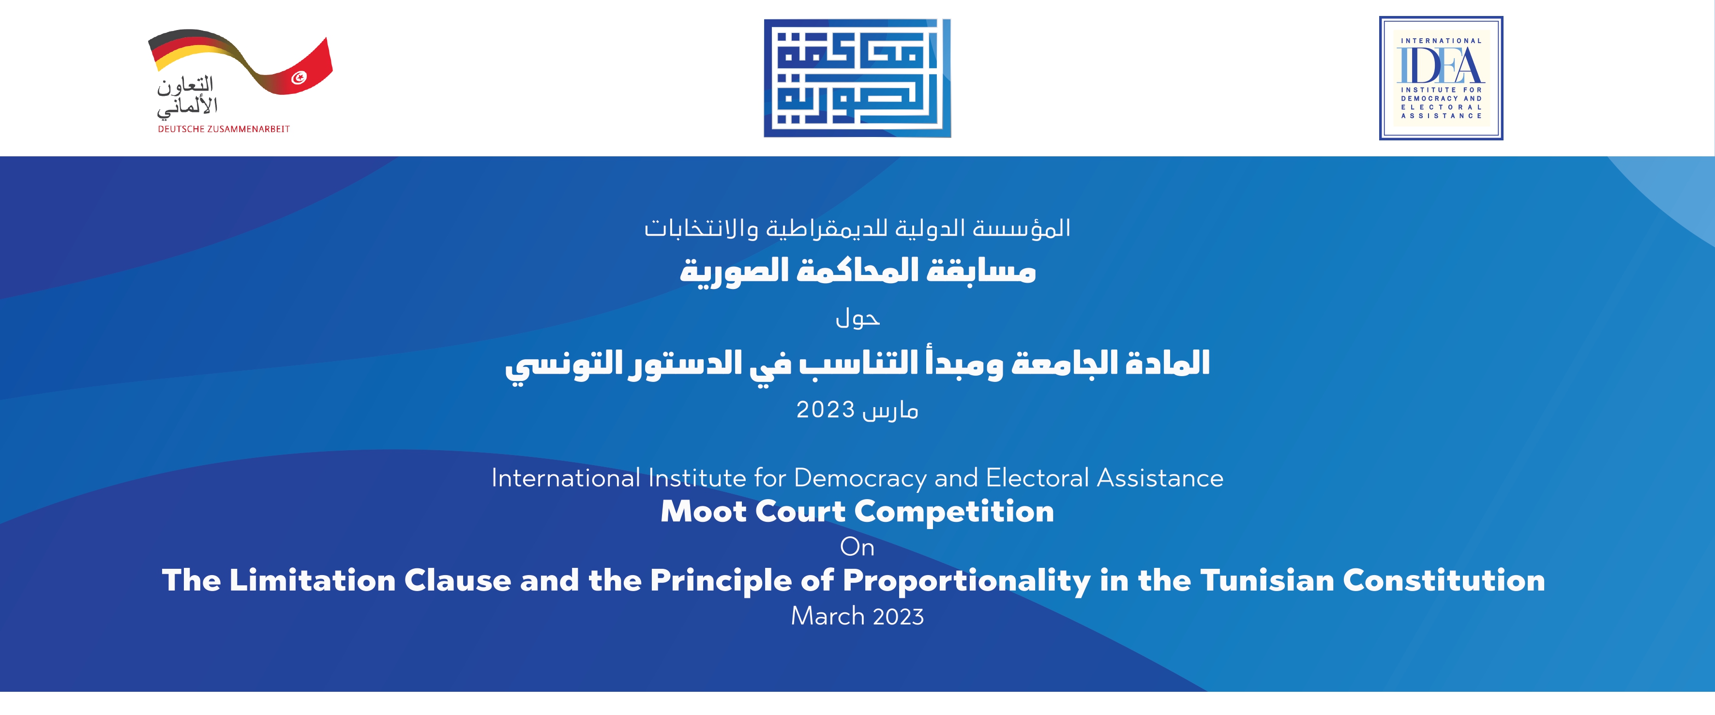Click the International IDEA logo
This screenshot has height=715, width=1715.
[x=1441, y=78]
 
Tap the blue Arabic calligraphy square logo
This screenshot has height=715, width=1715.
[x=857, y=78]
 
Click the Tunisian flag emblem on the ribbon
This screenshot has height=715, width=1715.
[x=299, y=78]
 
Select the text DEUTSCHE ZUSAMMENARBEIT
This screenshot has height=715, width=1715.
[x=224, y=129]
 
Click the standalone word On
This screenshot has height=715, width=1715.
[x=857, y=547]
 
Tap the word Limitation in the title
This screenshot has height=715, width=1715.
[x=312, y=580]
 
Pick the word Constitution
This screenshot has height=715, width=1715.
[x=1444, y=580]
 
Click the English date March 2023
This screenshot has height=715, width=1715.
[x=857, y=616]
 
